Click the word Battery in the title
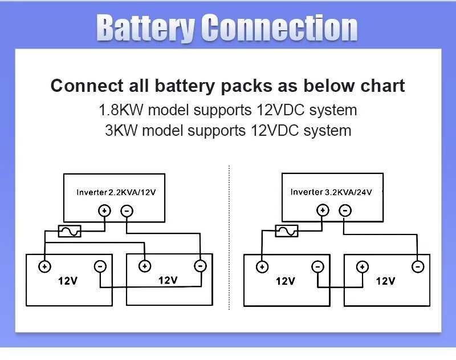tap(145, 28)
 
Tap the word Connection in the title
tap(280, 28)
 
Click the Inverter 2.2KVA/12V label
tap(116, 193)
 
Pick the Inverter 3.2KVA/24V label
tap(331, 192)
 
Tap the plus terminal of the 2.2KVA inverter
tap(104, 211)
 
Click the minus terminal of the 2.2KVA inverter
tap(127, 211)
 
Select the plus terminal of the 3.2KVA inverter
tap(323, 211)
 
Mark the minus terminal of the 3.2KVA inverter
tap(345, 211)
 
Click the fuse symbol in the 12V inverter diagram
tap(70, 231)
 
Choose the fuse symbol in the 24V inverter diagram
tap(286, 230)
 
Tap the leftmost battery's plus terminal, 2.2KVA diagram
tap(44, 266)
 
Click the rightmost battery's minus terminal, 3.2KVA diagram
tap(418, 266)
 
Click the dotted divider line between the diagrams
tap(229, 240)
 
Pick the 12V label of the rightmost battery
tap(385, 281)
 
